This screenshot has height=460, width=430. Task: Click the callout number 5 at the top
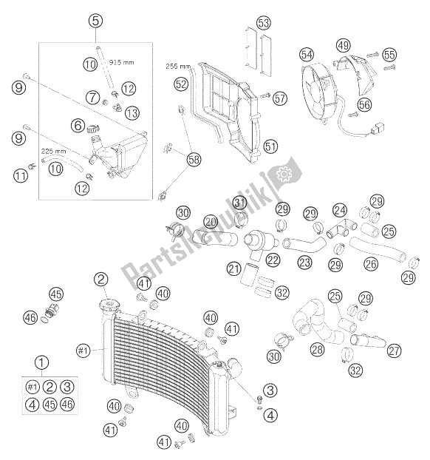95,21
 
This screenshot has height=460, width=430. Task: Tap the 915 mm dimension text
121,62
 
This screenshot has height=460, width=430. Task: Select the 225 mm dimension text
53,152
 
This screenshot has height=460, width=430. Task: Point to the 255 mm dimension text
178,66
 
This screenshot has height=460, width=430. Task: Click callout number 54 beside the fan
307,55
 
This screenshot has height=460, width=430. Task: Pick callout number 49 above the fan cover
344,45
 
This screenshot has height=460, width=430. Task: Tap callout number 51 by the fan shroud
270,146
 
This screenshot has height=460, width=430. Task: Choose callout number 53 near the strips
264,23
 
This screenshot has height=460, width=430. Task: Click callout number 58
194,160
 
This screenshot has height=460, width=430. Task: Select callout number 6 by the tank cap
78,125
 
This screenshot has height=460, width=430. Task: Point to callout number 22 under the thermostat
273,260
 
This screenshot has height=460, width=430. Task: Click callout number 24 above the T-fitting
340,210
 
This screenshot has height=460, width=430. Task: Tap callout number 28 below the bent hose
318,349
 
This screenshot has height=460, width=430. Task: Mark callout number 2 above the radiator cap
101,280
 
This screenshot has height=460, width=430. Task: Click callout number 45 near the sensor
56,294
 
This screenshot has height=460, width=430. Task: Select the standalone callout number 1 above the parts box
41,362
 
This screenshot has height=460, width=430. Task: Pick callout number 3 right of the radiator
270,390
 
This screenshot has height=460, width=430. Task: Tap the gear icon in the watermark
284,175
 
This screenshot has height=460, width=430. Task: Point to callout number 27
394,351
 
